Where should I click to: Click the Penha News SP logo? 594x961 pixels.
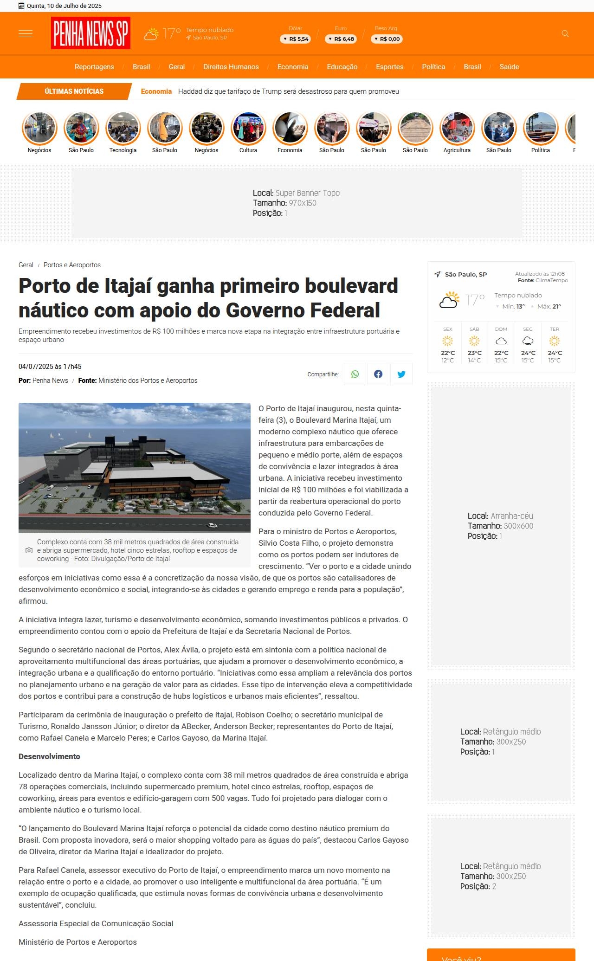[x=90, y=33]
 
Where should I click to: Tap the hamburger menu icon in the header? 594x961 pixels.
[x=26, y=33]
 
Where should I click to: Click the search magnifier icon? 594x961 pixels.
[x=565, y=33]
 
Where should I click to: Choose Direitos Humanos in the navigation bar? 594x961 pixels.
[x=231, y=67]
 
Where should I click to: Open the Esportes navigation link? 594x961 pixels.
[x=389, y=67]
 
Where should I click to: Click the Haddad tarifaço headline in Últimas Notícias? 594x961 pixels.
[x=288, y=91]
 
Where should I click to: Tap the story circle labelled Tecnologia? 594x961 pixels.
[x=123, y=128]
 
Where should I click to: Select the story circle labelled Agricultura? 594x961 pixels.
[x=457, y=128]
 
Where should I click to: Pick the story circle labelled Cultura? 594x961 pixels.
[x=248, y=128]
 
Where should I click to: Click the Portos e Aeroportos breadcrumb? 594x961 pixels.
[x=72, y=265]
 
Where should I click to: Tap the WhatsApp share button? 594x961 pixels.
[x=355, y=374]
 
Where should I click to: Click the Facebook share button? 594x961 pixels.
[x=378, y=374]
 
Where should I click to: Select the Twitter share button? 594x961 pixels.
[x=401, y=374]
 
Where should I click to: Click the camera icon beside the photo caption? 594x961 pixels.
[x=29, y=550]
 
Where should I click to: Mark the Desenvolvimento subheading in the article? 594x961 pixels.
[x=49, y=756]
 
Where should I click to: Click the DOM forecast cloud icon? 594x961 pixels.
[x=501, y=342]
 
